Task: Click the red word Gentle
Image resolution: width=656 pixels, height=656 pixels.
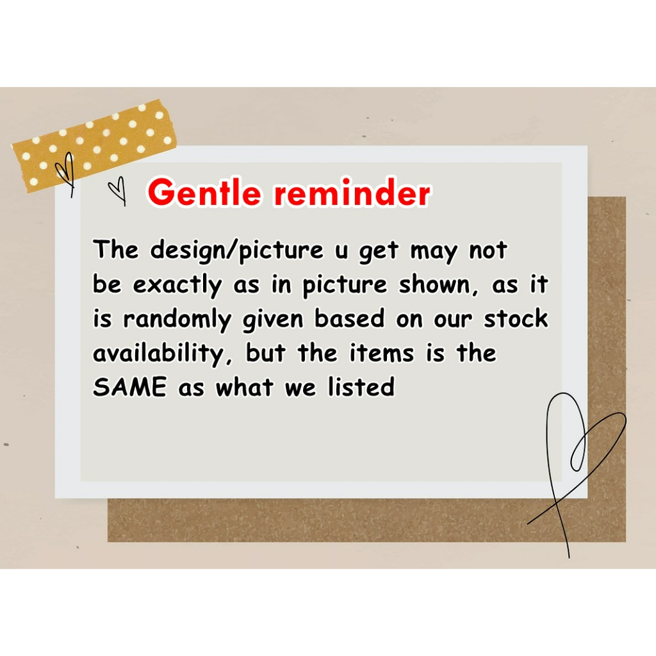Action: click(204, 193)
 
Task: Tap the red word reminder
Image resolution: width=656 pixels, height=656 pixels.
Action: click(352, 193)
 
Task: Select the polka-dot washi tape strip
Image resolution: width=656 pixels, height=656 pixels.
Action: click(94, 145)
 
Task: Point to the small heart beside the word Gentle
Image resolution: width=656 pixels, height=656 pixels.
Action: click(118, 190)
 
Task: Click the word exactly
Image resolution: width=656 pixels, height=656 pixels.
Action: click(177, 285)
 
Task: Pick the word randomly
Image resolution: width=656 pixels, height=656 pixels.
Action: click(177, 320)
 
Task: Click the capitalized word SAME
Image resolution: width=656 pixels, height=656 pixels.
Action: click(129, 386)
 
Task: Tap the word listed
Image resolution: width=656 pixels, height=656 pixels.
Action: click(361, 386)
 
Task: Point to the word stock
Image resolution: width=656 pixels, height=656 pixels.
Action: click(516, 319)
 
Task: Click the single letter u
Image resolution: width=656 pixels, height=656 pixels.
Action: click(341, 251)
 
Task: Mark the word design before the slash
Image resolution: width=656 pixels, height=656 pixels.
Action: click(188, 250)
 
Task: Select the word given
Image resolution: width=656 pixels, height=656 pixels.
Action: click(273, 320)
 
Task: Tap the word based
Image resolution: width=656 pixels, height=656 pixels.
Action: click(349, 319)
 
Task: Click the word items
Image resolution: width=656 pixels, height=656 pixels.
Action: click(382, 353)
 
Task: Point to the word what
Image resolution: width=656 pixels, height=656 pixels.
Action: click(245, 386)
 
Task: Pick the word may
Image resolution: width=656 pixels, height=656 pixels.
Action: click(434, 252)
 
